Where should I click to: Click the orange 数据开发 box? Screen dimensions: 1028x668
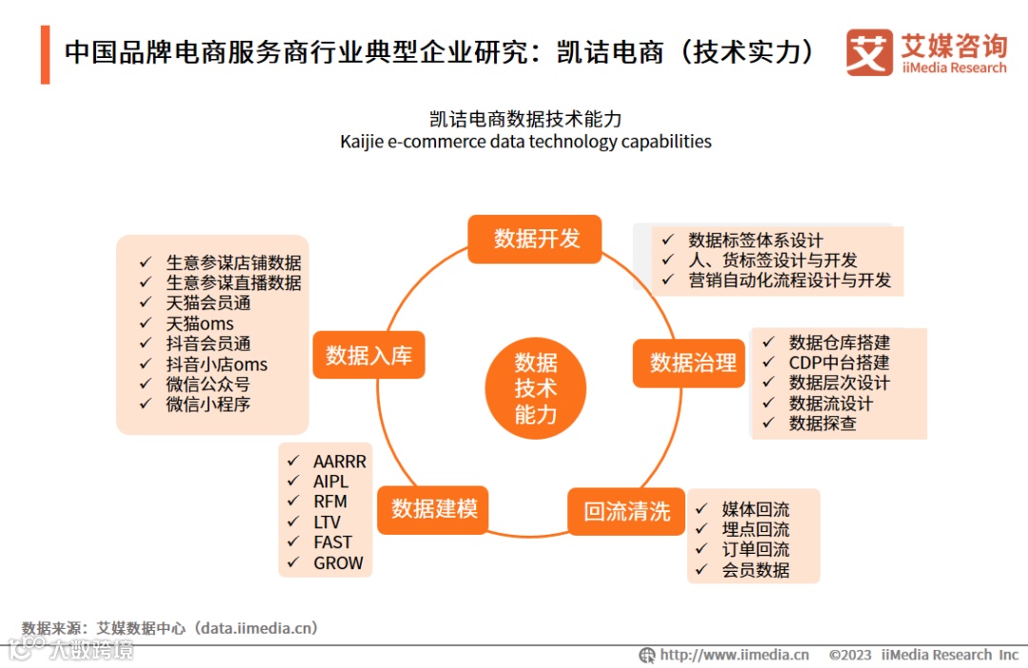(536, 239)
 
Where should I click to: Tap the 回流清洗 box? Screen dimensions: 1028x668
(626, 511)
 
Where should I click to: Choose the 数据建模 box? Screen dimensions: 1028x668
(434, 508)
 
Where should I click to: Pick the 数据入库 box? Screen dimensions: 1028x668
(368, 355)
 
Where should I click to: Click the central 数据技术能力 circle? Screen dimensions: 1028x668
(536, 388)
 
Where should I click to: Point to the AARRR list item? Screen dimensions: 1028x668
(339, 462)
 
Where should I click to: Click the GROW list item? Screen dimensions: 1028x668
(338, 563)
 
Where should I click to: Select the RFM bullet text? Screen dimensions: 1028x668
(330, 501)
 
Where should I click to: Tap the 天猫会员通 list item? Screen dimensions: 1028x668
(208, 304)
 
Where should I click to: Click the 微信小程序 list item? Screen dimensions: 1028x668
(208, 404)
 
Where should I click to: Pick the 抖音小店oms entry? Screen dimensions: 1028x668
(216, 364)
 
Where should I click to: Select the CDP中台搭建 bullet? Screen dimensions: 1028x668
(839, 363)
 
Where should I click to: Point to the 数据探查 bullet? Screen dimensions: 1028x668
(822, 423)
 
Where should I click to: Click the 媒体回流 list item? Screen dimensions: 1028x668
(755, 509)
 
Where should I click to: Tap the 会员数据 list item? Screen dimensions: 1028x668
(755, 570)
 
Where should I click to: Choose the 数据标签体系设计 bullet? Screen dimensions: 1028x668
(756, 240)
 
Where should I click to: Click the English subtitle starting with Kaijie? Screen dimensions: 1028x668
(525, 142)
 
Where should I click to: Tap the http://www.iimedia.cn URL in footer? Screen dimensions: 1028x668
(734, 655)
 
